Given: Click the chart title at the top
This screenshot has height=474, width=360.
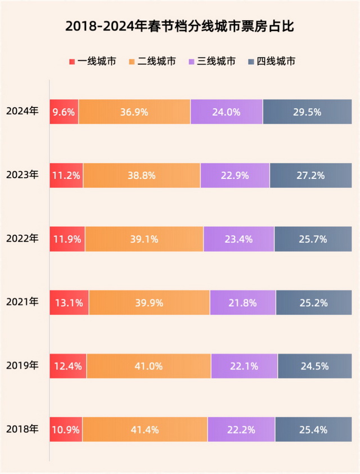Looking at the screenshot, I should pyautogui.click(x=180, y=26).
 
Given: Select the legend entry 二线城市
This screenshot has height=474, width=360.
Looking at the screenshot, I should pyautogui.click(x=151, y=61).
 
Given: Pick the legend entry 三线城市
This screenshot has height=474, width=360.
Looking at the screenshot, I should pyautogui.click(x=211, y=61).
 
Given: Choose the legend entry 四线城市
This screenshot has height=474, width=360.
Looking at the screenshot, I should pyautogui.click(x=271, y=61).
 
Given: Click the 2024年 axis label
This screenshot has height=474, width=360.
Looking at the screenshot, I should pyautogui.click(x=22, y=111).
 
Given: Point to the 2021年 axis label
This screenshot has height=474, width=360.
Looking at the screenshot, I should pyautogui.click(x=22, y=302).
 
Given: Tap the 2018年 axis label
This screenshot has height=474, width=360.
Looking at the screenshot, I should pyautogui.click(x=22, y=429).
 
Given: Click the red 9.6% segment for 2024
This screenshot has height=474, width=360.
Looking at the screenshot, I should pyautogui.click(x=64, y=111).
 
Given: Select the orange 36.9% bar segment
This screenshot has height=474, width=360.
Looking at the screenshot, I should pyautogui.click(x=134, y=111).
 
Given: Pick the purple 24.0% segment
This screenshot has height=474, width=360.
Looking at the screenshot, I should pyautogui.click(x=227, y=111).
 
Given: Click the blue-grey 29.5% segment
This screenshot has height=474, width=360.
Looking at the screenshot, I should pyautogui.click(x=307, y=111).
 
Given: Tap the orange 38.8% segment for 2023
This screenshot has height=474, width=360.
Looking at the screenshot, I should pyautogui.click(x=142, y=175).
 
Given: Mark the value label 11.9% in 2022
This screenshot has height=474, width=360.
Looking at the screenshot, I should pyautogui.click(x=67, y=239).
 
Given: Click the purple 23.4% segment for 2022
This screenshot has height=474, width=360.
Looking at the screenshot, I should pyautogui.click(x=238, y=239).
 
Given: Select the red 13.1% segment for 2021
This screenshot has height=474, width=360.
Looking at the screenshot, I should pyautogui.click(x=69, y=302).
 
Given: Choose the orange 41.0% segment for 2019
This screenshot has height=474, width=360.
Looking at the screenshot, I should pyautogui.click(x=149, y=366).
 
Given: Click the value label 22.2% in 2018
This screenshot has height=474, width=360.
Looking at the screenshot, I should pyautogui.click(x=241, y=430).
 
